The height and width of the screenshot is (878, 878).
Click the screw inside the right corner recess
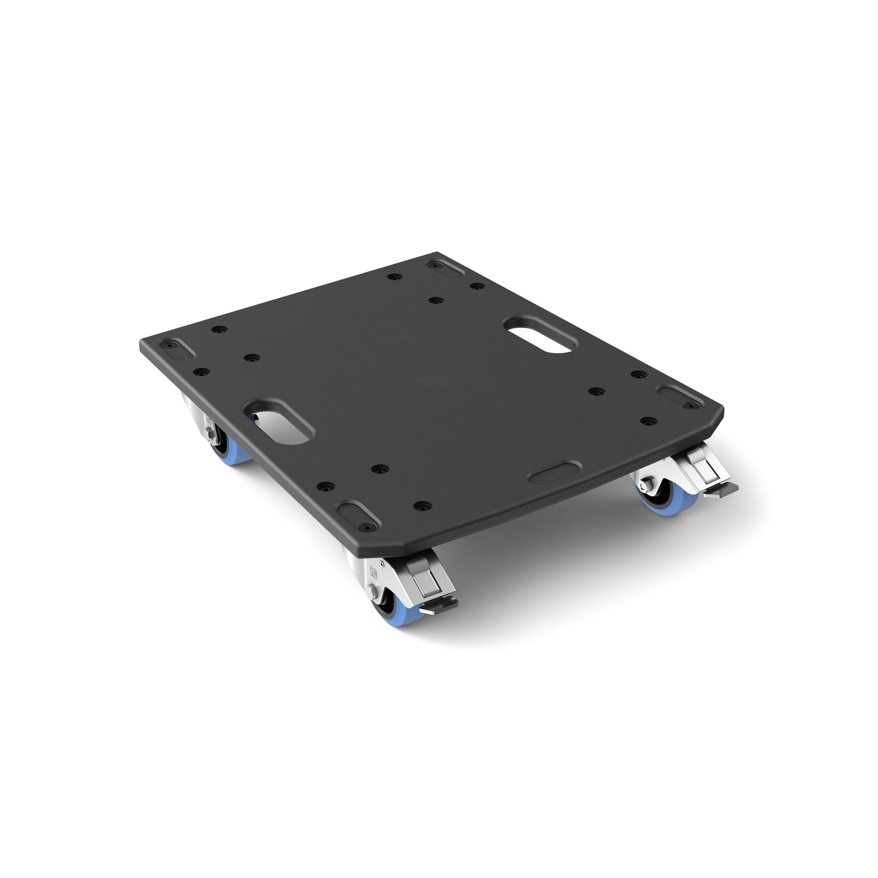pyautogui.click(x=691, y=404)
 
